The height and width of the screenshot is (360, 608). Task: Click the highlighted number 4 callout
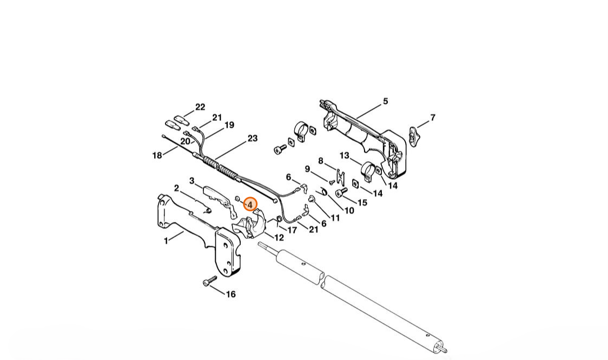click(x=250, y=204)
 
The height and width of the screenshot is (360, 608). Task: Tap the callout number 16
click(x=231, y=294)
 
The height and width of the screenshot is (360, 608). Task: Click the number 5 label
click(x=386, y=101)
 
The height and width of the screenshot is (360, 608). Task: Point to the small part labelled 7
click(x=414, y=134)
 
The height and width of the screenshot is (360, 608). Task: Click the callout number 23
click(x=253, y=139)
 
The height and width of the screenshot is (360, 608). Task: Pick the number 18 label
click(x=157, y=155)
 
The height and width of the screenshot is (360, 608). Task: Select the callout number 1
click(x=166, y=241)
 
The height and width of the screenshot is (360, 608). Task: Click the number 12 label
click(x=279, y=238)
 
